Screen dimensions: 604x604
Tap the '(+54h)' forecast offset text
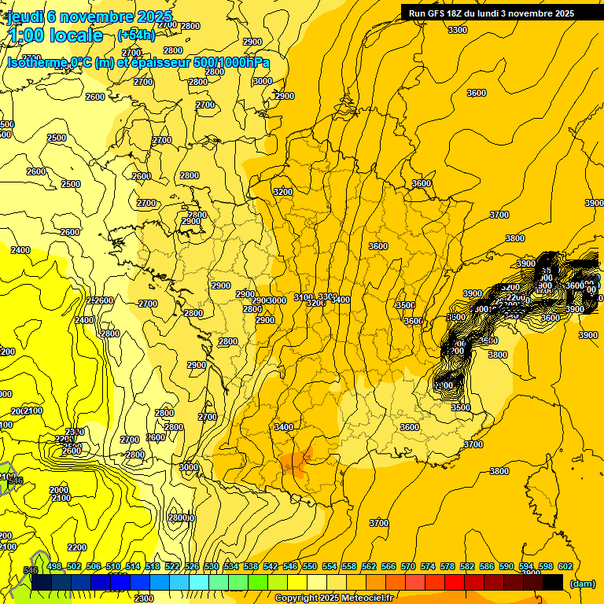[136, 35]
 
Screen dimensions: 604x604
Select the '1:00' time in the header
[27, 36]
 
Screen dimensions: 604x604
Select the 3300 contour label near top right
[457, 30]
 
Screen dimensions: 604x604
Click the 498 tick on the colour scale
[54, 566]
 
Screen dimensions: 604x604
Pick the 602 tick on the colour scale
[565, 566]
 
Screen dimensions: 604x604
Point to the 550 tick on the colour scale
[310, 566]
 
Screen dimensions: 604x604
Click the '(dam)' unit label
[582, 584]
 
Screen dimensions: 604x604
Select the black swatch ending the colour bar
[553, 582]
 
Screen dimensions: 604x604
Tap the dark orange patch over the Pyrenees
[294, 462]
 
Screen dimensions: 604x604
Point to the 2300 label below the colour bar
[144, 598]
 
